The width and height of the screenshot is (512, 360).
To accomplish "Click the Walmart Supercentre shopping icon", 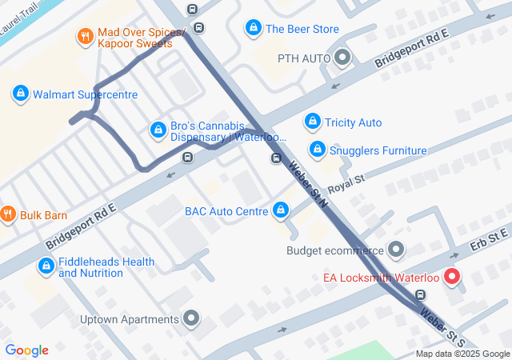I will (20, 94).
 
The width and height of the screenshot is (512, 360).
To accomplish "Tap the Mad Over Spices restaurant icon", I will (85, 36).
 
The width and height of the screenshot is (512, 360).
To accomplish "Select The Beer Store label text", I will (302, 29).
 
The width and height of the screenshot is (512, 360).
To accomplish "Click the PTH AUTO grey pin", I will (343, 58).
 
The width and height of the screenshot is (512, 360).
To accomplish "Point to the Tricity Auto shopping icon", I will (313, 122).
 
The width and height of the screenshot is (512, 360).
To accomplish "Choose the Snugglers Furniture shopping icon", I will (318, 150).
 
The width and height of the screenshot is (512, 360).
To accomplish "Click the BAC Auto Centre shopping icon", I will (280, 211).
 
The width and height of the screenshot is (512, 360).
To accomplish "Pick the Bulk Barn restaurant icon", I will (8, 214).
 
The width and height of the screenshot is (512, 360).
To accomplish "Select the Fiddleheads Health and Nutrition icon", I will (46, 266).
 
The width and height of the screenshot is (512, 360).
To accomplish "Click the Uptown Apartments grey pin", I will (190, 319).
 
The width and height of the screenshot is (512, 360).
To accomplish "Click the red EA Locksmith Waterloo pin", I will (452, 277).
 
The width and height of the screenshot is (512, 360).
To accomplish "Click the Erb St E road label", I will (489, 236).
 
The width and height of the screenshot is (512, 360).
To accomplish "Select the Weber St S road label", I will (441, 324).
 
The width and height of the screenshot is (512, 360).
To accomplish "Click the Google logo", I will (26, 350).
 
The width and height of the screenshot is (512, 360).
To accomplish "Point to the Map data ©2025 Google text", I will (462, 354).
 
